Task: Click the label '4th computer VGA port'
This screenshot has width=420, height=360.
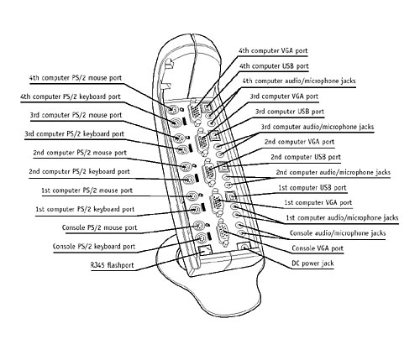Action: coord(273,51)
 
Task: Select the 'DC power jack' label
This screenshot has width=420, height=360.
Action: coord(312,263)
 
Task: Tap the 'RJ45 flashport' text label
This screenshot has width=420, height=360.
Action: coord(113,265)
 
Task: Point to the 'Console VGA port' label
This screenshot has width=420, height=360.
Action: coord(318,248)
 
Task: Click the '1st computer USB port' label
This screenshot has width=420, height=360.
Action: coord(312,188)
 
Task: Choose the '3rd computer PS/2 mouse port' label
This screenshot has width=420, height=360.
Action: coord(76,115)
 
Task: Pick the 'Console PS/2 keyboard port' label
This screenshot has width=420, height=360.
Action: coord(94,247)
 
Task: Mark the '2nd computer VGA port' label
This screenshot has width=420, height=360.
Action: coord(299,142)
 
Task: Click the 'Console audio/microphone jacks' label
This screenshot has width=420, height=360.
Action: coord(338,233)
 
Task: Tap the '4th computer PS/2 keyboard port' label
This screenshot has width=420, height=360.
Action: coord(71,97)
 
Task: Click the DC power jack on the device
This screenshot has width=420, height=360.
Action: coord(243,247)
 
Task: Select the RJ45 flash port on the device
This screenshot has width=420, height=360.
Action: coord(204,250)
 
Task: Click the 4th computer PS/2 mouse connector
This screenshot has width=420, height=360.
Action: coord(172,110)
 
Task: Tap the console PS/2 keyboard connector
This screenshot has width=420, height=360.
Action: coord(201,238)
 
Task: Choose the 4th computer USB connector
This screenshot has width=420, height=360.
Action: coord(207,107)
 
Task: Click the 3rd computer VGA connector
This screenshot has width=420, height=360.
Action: coord(202,140)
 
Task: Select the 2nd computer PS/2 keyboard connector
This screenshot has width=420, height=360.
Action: coord(189,179)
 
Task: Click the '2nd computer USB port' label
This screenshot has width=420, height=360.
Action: coord(306,157)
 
